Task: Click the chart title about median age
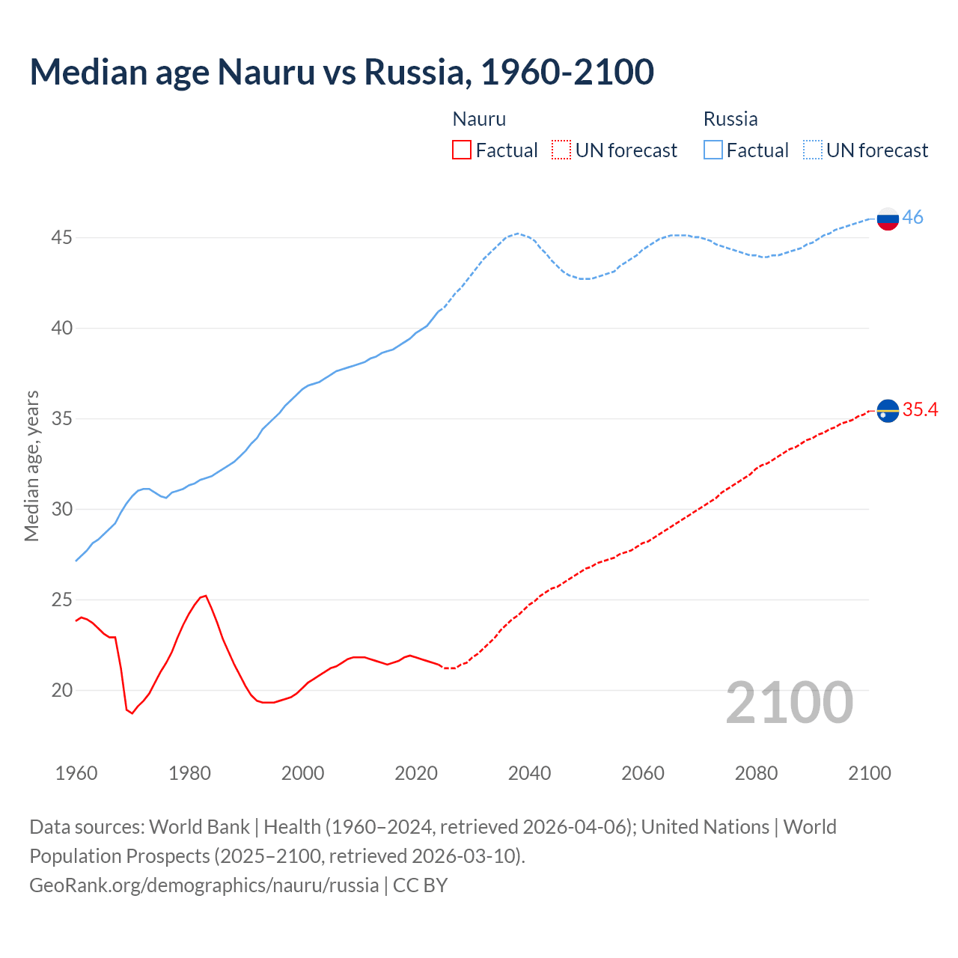pos(341,72)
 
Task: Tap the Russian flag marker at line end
pos(888,219)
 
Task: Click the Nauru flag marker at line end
pos(888,411)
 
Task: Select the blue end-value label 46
pos(912,217)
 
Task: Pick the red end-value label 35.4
pos(920,409)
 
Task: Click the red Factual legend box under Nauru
pos(462,150)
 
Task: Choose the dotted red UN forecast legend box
pos(561,150)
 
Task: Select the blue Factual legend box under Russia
pos(713,150)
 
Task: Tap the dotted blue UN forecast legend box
pos(812,150)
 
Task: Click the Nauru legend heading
pos(479,119)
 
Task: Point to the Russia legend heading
pos(730,119)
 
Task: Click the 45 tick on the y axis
pos(61,238)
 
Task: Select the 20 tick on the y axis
pos(61,690)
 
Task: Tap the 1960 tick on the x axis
pos(76,773)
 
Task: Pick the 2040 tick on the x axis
pos(529,773)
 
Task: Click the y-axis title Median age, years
pos(31,466)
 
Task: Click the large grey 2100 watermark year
pos(789,702)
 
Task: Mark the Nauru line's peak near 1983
pos(206,596)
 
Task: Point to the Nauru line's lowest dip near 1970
pos(132,713)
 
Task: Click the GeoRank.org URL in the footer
pos(204,885)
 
